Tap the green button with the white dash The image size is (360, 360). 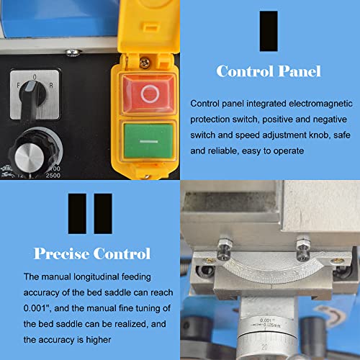[x=148, y=142]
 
